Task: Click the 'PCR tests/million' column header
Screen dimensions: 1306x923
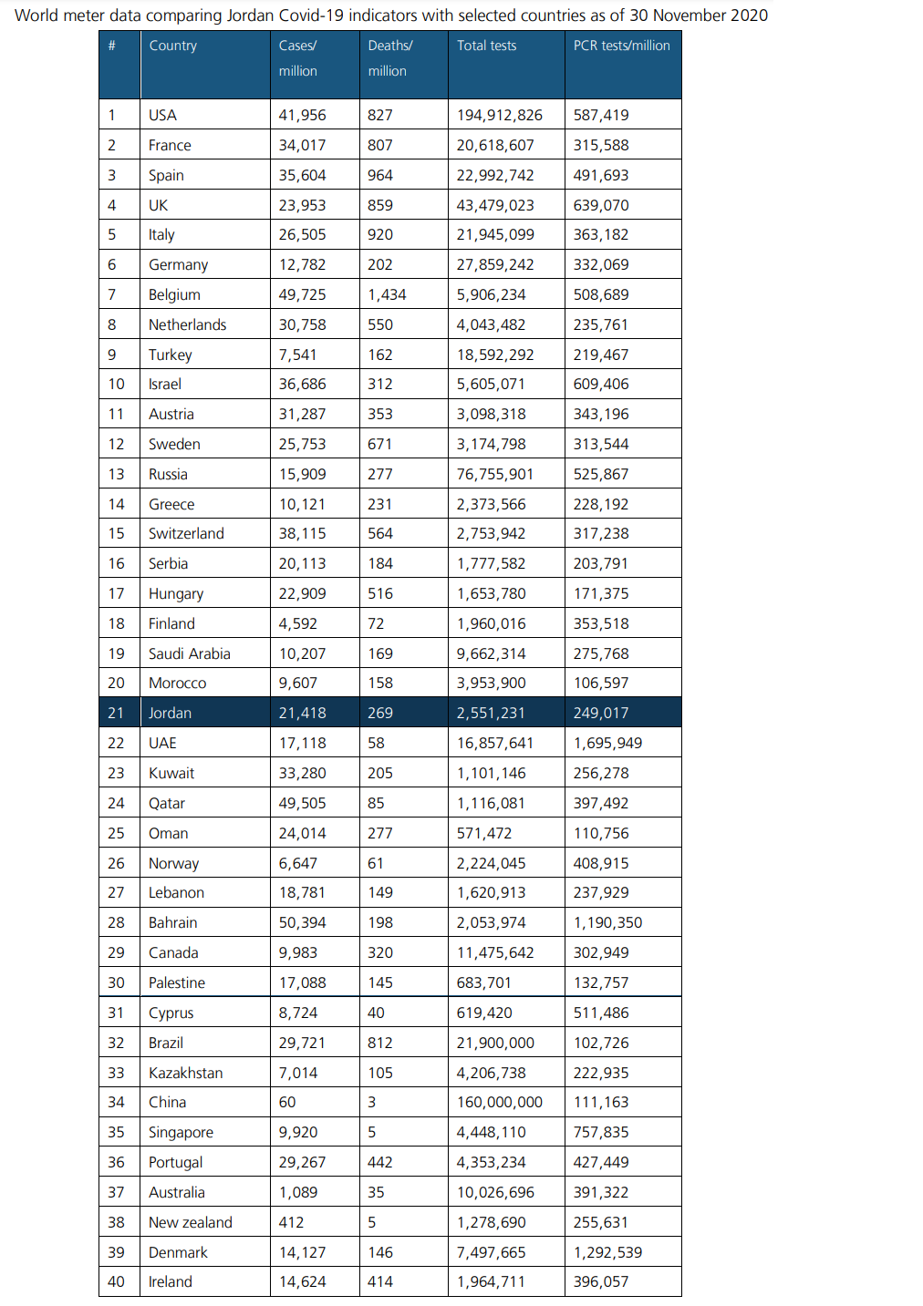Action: click(621, 46)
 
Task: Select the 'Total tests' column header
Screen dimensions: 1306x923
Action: click(486, 46)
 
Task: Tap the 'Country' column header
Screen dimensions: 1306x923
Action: click(172, 46)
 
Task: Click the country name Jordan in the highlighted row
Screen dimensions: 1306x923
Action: click(170, 713)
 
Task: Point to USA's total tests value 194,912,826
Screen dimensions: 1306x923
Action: click(499, 115)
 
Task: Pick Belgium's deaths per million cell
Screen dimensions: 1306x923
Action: click(387, 294)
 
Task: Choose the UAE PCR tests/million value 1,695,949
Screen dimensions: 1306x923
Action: click(607, 743)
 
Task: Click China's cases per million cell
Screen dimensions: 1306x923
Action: click(287, 1102)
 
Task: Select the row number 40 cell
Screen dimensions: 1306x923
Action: click(116, 1281)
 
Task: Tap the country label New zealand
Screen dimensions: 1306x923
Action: click(190, 1222)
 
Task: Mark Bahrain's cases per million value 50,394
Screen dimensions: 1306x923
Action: click(302, 922)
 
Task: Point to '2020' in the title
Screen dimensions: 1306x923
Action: click(748, 15)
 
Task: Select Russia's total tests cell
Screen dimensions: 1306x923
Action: click(494, 474)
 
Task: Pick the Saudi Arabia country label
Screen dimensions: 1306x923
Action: click(189, 653)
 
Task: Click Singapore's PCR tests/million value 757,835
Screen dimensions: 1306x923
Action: click(600, 1132)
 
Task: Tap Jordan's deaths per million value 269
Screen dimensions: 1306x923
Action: click(379, 713)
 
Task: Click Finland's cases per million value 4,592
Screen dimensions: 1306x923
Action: click(297, 623)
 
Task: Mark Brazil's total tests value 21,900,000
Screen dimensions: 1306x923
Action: click(495, 1043)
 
